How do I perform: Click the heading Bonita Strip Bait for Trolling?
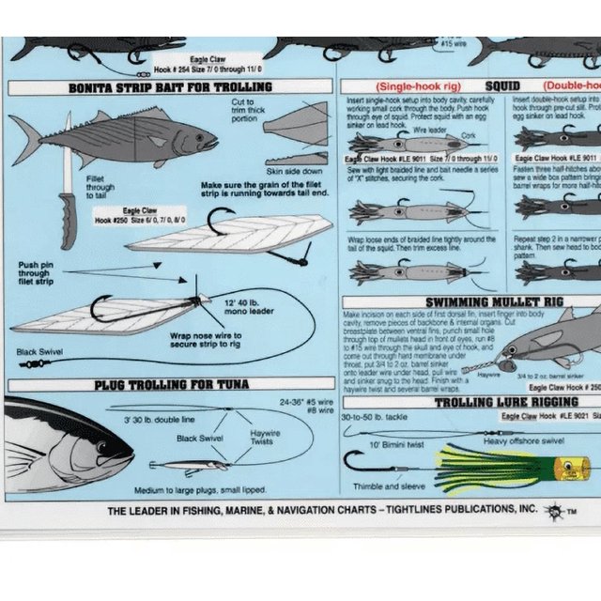(170, 87)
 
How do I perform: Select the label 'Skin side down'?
(295, 172)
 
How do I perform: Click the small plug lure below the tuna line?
(188, 465)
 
